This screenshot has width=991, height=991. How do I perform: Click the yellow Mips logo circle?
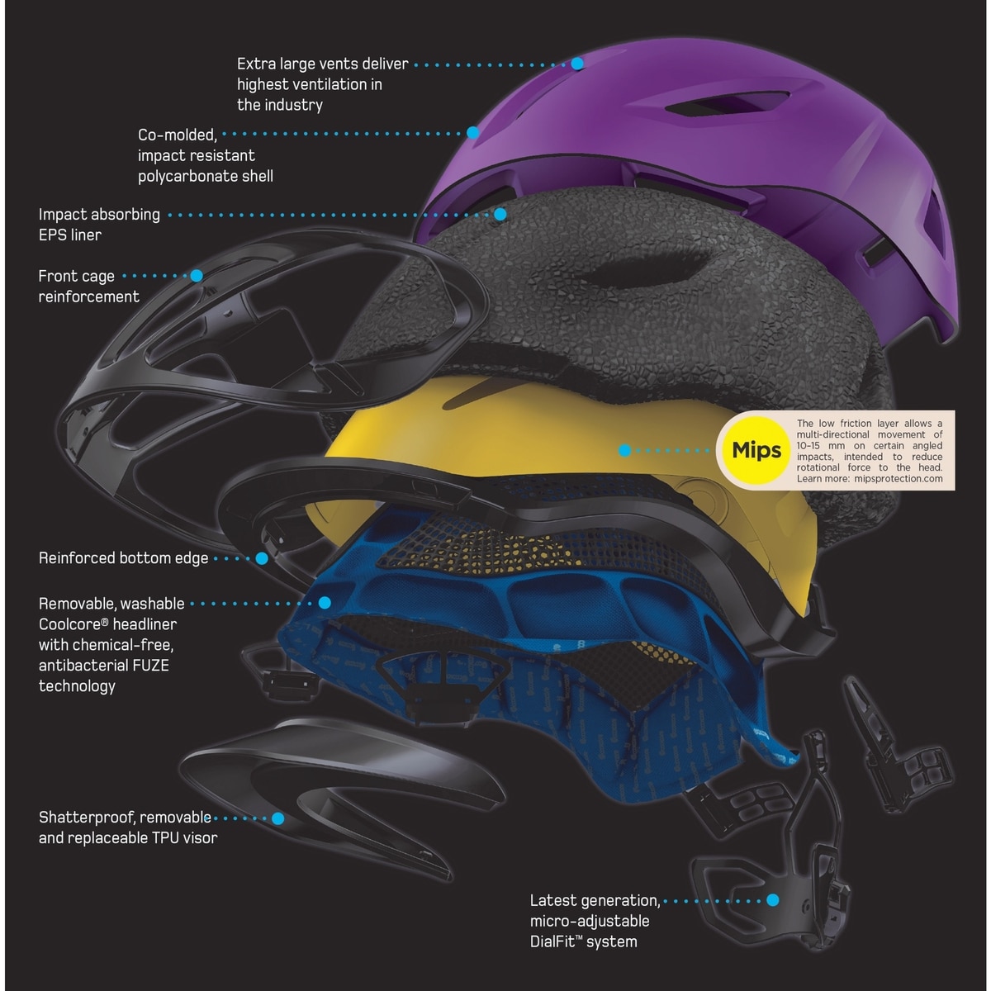pos(756,450)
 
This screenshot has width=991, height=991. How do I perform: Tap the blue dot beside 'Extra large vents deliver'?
pos(577,64)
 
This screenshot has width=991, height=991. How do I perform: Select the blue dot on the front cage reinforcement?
pos(197,276)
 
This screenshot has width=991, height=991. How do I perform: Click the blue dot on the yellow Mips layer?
pos(625,450)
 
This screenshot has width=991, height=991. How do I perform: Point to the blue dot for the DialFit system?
pos(773,900)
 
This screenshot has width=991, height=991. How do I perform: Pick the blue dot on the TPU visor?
pos(278,818)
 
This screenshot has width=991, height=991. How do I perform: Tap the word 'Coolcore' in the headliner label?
pos(71,624)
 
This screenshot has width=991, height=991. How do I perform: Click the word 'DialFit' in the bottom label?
pos(557,941)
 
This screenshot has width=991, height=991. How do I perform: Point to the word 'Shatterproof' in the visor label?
pos(87,818)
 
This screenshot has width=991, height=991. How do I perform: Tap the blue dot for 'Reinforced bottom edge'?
pos(262,558)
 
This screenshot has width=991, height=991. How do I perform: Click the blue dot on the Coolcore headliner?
pos(325,604)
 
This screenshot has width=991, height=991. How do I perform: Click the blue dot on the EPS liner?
pos(500,214)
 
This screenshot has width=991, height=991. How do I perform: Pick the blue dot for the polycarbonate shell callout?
pos(473,132)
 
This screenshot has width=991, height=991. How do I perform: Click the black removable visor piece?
pos(347,785)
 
